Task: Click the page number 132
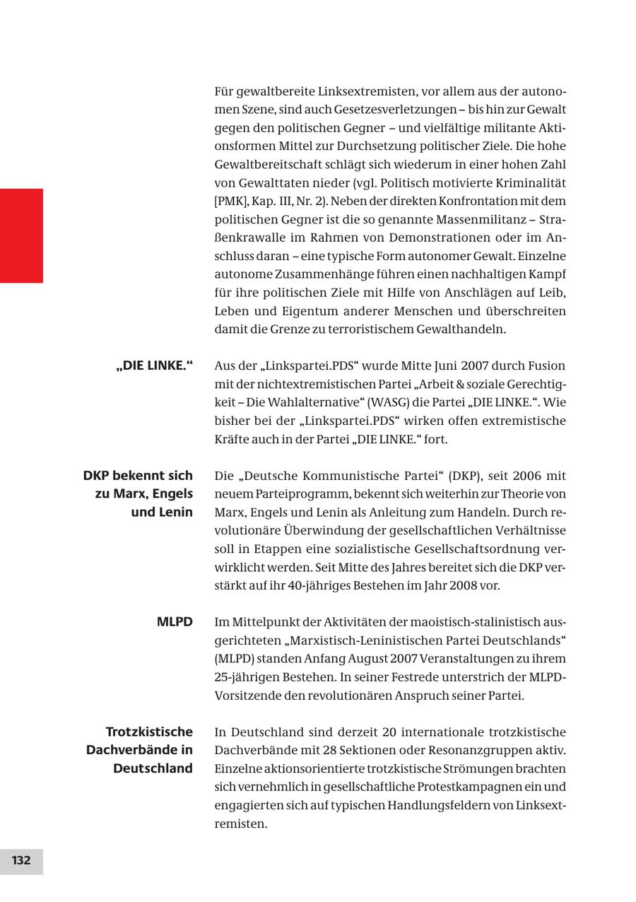(21, 861)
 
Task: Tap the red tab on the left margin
(21, 235)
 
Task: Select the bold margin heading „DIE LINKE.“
(155, 366)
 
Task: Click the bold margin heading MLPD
(175, 622)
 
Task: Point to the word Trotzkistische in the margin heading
(149, 732)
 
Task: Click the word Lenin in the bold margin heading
(172, 512)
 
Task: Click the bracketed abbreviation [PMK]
(230, 201)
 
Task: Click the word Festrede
(363, 677)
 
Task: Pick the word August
(368, 659)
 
